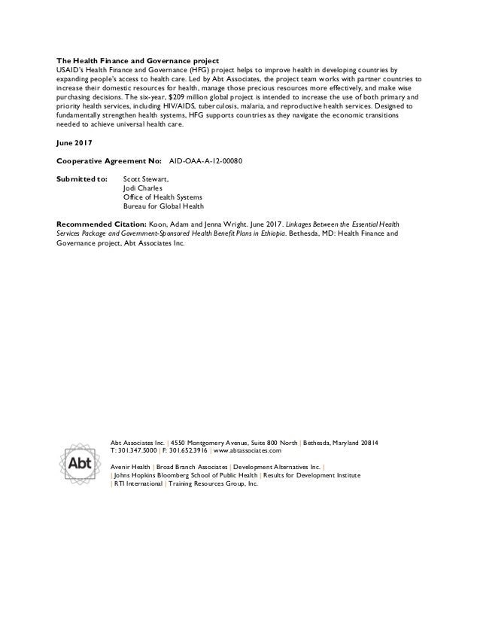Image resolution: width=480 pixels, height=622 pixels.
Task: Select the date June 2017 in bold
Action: pos(75,142)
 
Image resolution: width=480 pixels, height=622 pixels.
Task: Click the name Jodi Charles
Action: pos(144,188)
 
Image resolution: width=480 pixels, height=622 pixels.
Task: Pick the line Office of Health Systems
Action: pos(163,197)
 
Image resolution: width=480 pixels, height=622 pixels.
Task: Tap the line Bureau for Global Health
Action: pos(163,206)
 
